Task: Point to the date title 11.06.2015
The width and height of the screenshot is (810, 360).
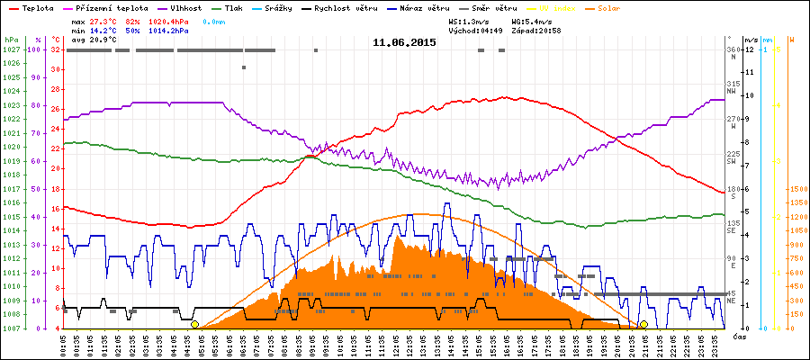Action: coord(404,42)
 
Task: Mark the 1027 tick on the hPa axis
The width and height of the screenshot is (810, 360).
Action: coord(11,49)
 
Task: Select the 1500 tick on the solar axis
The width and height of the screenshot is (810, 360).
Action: coord(796,189)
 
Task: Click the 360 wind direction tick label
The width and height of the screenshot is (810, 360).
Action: coord(733,49)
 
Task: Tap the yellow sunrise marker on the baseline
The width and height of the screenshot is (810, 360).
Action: coord(194,324)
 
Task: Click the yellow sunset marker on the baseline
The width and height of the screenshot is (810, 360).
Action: coord(643,324)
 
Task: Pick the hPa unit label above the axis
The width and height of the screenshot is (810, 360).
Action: coord(11,40)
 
